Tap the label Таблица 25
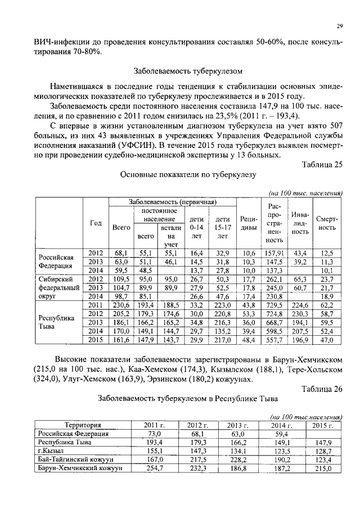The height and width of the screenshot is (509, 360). coord(322,164)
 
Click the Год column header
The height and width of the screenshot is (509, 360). coord(96,223)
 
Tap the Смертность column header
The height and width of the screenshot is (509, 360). coord(326,223)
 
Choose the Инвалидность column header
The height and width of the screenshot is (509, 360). coord(300,223)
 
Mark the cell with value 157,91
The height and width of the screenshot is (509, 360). coord(274,253)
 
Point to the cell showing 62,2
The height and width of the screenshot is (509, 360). coord(326,305)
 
